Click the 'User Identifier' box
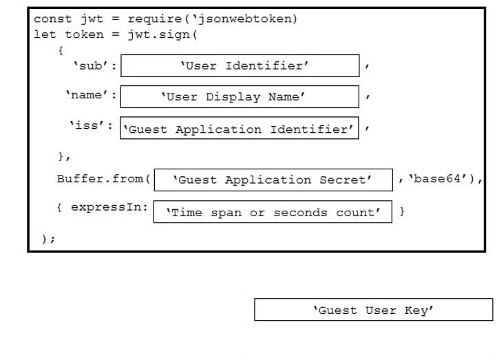(240, 65)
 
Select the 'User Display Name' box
(240, 96)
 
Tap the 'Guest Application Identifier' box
(240, 128)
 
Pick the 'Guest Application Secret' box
(273, 180)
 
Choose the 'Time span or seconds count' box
(273, 212)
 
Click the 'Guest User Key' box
(373, 310)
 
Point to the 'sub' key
(91, 65)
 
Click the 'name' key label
(87, 94)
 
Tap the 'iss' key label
(87, 125)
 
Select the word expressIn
(106, 207)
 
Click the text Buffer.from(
(104, 179)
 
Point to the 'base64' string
(437, 179)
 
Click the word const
(52, 19)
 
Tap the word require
(155, 19)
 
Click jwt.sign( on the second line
(162, 34)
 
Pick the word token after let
(84, 34)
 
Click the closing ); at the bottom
(48, 239)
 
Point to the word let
(45, 34)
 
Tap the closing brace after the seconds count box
(402, 211)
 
